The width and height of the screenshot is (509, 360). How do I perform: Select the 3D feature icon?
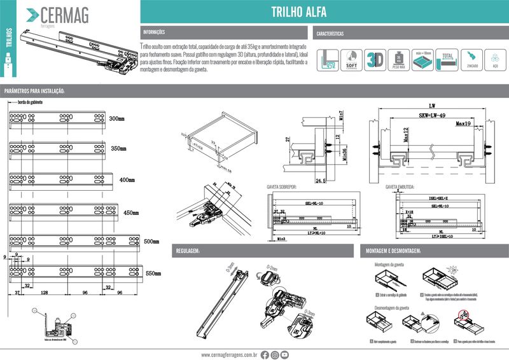tap(377, 59)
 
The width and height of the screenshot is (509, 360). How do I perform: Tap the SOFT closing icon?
tap(349, 59)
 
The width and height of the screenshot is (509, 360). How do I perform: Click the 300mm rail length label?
tap(117, 119)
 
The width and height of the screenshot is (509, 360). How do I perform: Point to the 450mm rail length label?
tap(132, 212)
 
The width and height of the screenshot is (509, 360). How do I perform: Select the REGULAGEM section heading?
tap(188, 252)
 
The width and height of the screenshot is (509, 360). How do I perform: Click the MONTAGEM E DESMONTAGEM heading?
tap(393, 252)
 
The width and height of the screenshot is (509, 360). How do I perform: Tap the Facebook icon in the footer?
tap(265, 354)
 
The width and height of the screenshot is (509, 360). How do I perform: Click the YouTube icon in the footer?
tap(285, 354)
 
